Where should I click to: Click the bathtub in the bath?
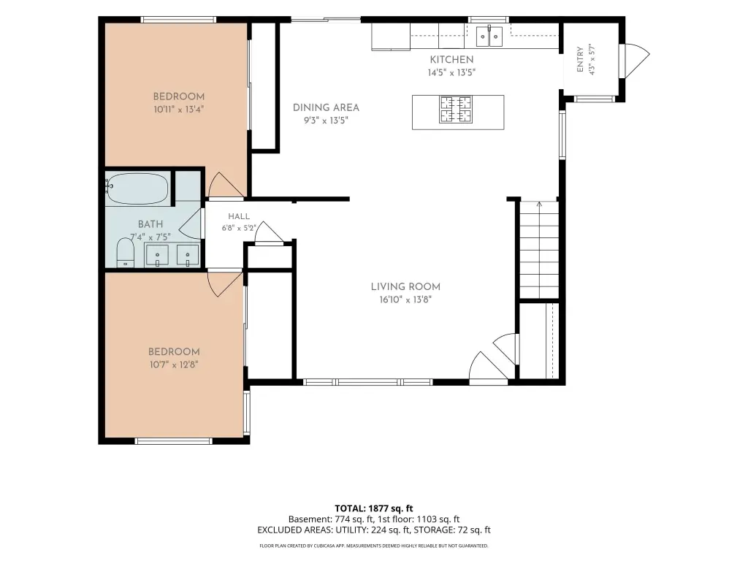tap(137, 188)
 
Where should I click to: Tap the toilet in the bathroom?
tap(126, 253)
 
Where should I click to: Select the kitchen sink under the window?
tap(489, 37)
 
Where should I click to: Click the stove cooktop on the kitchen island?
tap(456, 110)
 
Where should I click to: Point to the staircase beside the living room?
tap(539, 250)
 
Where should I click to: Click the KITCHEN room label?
tap(451, 60)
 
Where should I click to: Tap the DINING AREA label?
tap(326, 108)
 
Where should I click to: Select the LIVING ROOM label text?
tap(405, 286)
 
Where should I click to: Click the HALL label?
tap(239, 216)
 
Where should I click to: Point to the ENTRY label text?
tap(580, 59)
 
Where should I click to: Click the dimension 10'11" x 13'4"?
tap(179, 110)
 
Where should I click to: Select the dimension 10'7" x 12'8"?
tap(174, 365)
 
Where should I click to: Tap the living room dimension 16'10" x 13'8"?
tap(405, 299)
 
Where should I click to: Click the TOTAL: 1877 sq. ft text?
tap(373, 508)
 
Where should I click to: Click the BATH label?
tap(150, 224)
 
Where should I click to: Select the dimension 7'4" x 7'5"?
tap(150, 237)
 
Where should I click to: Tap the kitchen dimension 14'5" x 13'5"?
tap(451, 72)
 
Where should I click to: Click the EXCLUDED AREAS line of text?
tap(373, 530)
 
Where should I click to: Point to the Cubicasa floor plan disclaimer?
tap(373, 546)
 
